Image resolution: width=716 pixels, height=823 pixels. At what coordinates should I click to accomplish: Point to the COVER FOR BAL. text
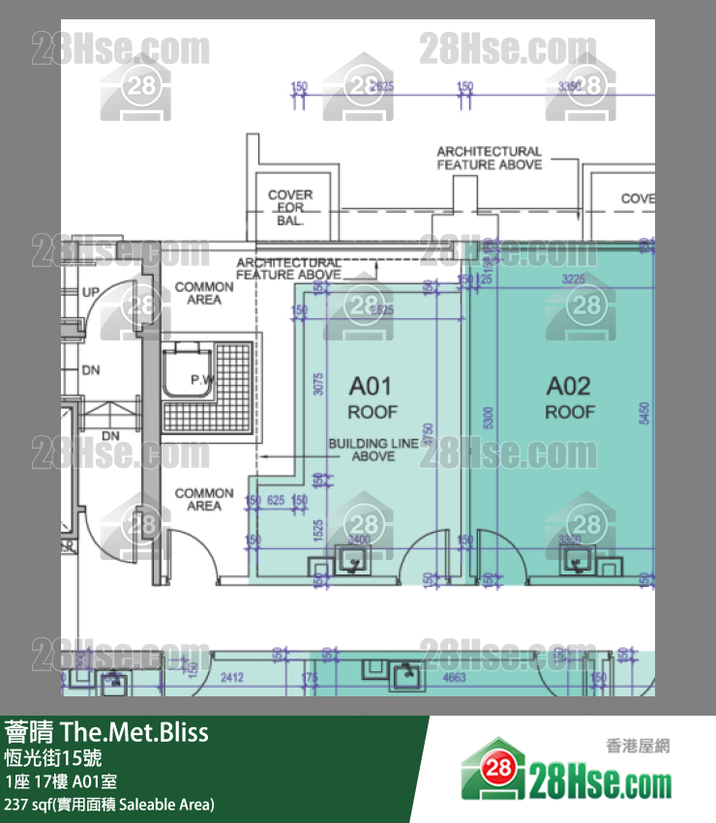(x=290, y=207)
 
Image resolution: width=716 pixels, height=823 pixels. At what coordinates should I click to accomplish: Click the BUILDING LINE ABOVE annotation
(x=373, y=450)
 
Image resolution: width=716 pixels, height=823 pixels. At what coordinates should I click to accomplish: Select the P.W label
(x=200, y=380)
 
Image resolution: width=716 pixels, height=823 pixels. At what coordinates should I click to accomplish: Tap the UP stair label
(x=91, y=292)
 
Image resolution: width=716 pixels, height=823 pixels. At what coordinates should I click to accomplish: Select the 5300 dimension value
(x=490, y=418)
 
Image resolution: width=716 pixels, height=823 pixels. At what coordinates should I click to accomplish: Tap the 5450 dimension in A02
(x=643, y=413)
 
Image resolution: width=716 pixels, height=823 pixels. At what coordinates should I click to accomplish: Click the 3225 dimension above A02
(x=574, y=279)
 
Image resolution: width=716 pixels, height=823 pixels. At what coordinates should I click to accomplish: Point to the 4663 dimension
(x=454, y=678)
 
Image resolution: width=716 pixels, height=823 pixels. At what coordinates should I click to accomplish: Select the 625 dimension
(x=276, y=501)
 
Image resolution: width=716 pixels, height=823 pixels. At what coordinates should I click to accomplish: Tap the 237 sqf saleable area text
(x=109, y=804)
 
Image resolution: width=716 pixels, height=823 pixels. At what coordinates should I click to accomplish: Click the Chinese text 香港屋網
(x=638, y=745)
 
